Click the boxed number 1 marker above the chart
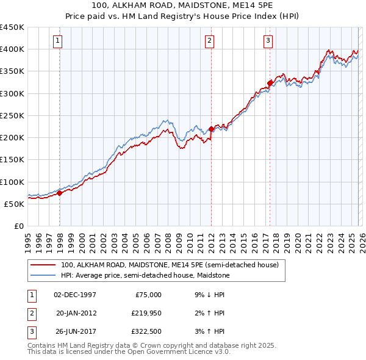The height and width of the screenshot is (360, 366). coord(57,41)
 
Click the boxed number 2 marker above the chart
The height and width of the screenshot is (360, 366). coord(209,41)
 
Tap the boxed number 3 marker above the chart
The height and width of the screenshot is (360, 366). coord(268,41)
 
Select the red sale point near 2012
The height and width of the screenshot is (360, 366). coord(211,129)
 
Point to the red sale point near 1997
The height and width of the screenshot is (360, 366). coord(60,193)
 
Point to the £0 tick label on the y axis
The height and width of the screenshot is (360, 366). coord(18,226)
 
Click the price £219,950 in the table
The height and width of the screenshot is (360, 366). coord(145,313)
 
